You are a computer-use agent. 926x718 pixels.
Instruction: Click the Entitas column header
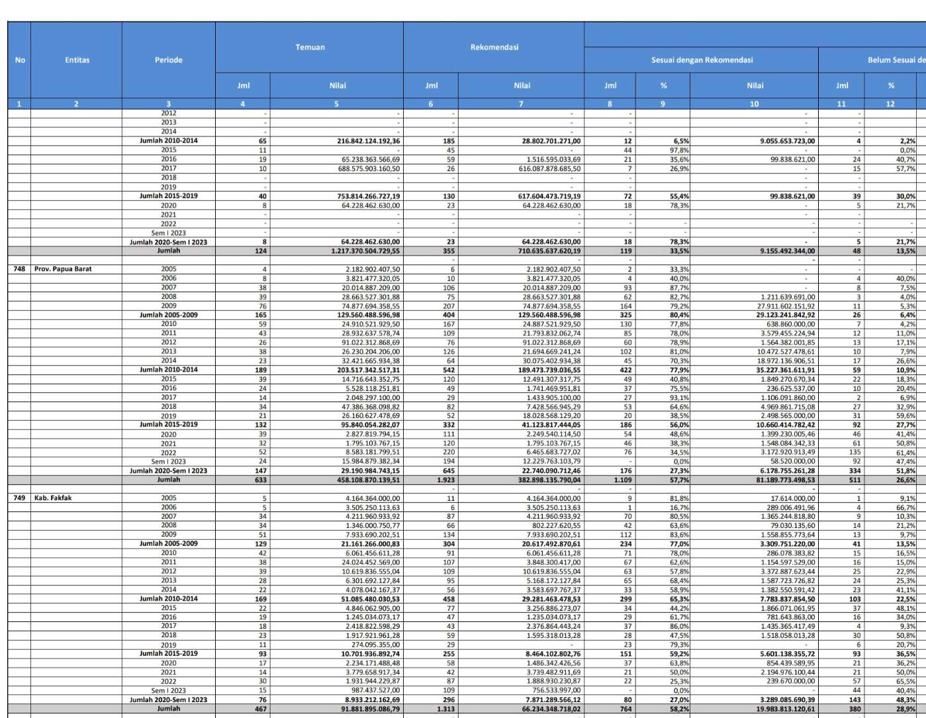77,60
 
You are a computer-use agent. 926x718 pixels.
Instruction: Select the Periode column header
168,60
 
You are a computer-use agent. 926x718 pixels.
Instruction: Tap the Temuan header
310,47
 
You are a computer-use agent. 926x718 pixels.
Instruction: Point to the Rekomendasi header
494,47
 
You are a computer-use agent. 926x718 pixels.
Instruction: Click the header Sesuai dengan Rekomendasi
702,60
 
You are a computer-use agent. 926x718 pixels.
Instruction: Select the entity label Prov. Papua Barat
63,269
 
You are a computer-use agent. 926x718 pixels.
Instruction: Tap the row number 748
19,269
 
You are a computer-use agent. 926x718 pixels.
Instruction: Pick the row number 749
19,498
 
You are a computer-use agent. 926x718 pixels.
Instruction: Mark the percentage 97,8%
680,150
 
